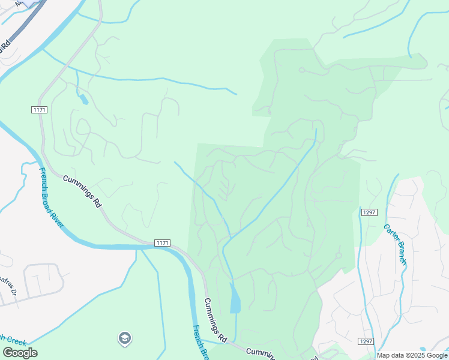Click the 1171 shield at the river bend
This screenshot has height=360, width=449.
coord(162,242)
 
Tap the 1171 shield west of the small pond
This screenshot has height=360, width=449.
coord(39,109)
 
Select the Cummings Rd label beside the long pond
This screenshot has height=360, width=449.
coord(214,320)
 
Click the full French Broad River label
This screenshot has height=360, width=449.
coord(52,198)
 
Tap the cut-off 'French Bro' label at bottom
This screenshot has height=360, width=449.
coord(200,341)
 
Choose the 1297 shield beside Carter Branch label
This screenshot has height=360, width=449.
coord(369,212)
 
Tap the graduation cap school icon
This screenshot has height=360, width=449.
coord(125,338)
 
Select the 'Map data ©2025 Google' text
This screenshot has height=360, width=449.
coord(412,355)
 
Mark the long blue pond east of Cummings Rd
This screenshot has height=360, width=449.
coord(235,298)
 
